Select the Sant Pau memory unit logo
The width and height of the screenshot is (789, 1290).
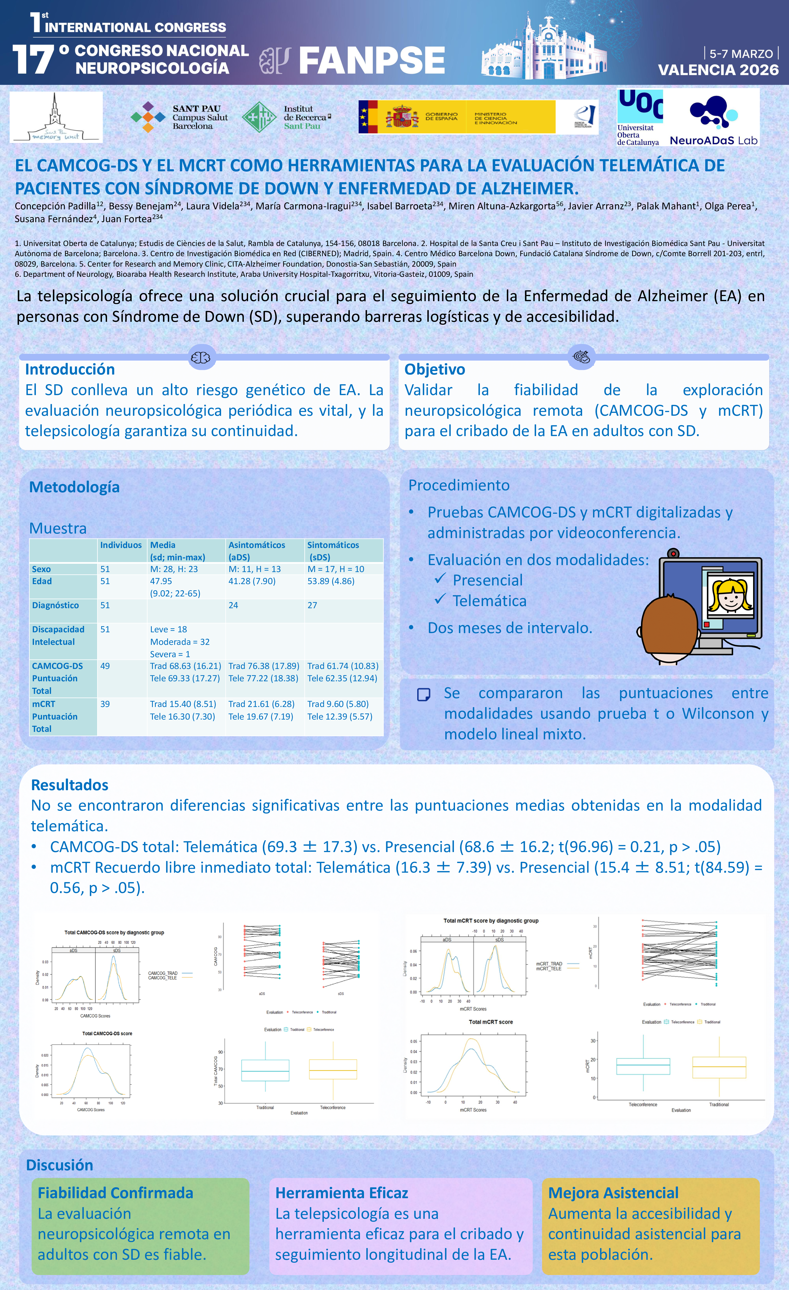pos(56,117)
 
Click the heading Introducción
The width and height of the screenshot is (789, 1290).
pos(70,369)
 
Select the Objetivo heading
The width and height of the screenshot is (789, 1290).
pos(435,369)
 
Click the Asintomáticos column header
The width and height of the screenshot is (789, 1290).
pos(257,545)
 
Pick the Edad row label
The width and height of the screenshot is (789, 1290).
pos(42,581)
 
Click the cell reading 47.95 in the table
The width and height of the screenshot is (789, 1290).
pos(161,581)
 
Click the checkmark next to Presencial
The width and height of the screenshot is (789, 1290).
pos(440,578)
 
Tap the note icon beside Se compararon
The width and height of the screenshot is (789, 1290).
pos(423,695)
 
